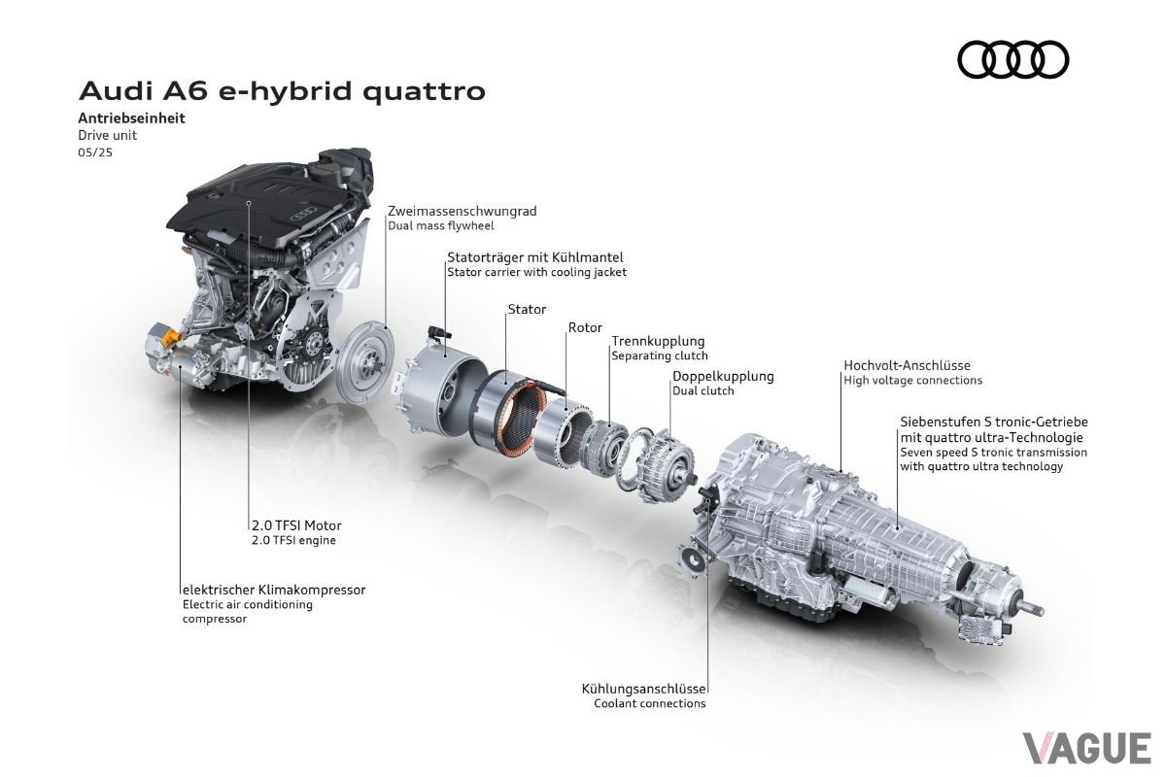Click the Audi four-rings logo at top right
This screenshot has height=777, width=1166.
point(1012,60)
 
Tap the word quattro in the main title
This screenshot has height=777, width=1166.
point(425,91)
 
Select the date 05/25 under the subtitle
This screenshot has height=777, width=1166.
point(95,152)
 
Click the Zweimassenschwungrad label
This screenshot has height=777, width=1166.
point(463,211)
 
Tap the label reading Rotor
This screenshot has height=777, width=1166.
point(585,327)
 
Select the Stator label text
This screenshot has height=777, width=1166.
point(527,309)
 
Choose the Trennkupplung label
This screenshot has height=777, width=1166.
point(658,342)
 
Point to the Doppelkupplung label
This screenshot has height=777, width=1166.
point(723,376)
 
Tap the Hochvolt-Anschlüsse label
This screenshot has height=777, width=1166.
point(907,365)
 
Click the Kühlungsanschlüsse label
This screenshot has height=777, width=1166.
point(643,689)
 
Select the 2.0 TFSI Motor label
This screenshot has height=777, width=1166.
point(296,525)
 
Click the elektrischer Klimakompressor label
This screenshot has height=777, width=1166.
point(274,590)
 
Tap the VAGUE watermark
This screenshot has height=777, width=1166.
point(1087,748)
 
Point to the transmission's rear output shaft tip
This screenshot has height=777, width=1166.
point(1040,611)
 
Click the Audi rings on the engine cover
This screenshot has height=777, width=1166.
point(303,213)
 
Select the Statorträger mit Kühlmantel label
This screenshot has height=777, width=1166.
point(535,257)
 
